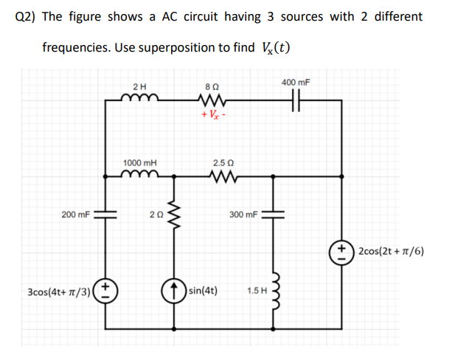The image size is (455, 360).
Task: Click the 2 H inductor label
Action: tap(139, 86)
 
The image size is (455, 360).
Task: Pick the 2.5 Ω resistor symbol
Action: tap(222, 176)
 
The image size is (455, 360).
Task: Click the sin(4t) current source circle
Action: tap(176, 289)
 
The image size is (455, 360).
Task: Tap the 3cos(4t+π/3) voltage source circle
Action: tap(105, 289)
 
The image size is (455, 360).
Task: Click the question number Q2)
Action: tap(28, 16)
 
